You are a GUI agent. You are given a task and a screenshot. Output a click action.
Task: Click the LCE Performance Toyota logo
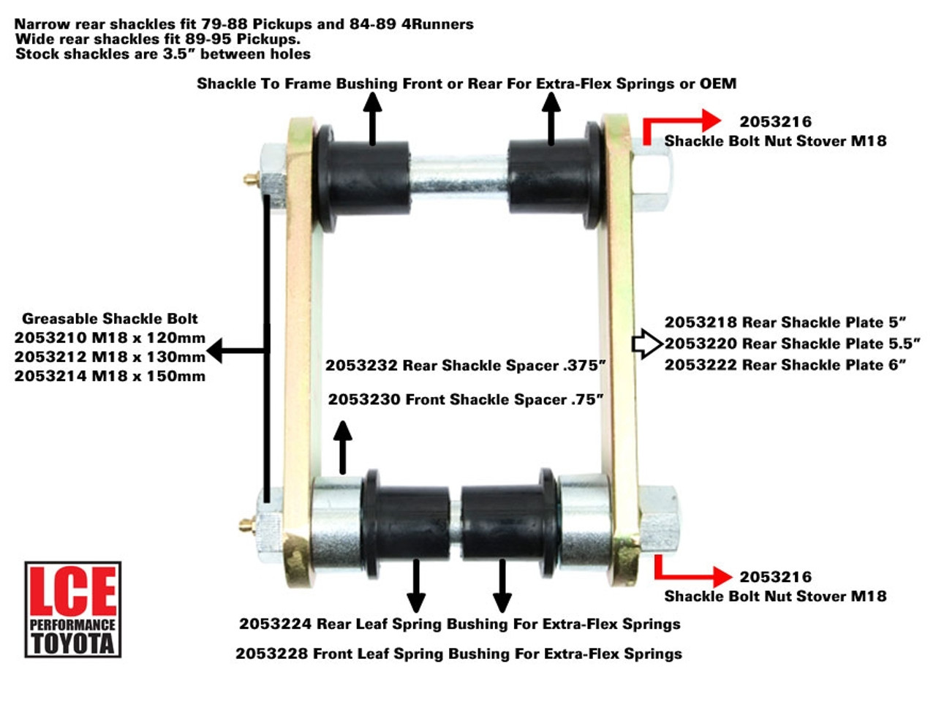click(x=72, y=609)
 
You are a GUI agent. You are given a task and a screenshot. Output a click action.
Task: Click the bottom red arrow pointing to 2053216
click(x=691, y=571)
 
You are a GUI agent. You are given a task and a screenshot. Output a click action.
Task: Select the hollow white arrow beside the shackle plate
click(x=646, y=344)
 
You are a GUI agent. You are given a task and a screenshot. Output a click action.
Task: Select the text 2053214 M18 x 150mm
click(x=110, y=376)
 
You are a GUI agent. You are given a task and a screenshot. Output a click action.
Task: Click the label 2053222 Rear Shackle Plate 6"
click(x=785, y=364)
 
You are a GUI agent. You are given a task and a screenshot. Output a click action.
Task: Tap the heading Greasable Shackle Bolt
click(x=110, y=318)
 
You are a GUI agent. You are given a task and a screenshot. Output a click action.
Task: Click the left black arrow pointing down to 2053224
click(x=416, y=585)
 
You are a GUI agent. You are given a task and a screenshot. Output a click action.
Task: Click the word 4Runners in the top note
click(x=437, y=23)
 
